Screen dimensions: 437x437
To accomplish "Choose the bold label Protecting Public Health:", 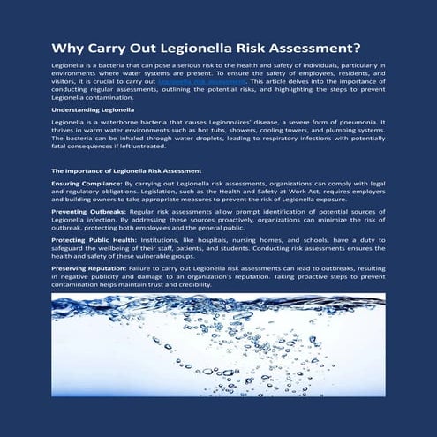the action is click(x=93, y=242).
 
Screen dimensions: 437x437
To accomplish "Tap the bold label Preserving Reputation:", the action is click(x=91, y=267).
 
